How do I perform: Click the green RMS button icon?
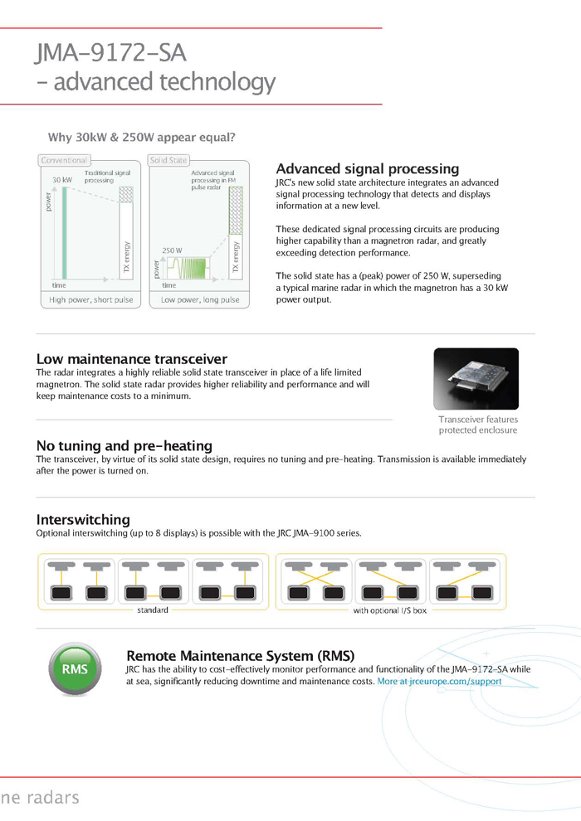pyautogui.click(x=75, y=669)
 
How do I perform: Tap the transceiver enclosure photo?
pyautogui.click(x=476, y=379)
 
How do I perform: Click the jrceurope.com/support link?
pyautogui.click(x=440, y=682)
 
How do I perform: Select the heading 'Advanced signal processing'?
pyautogui.click(x=367, y=169)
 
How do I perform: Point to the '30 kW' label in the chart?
pyautogui.click(x=62, y=180)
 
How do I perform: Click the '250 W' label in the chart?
pyautogui.click(x=172, y=250)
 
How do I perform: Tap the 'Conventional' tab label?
pyautogui.click(x=64, y=160)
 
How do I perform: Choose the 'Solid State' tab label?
pyautogui.click(x=168, y=160)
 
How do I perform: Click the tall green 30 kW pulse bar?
pyautogui.click(x=63, y=232)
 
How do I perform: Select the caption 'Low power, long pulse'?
pyautogui.click(x=200, y=299)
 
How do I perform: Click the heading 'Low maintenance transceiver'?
pyautogui.click(x=131, y=359)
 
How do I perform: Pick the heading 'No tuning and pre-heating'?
pyautogui.click(x=124, y=445)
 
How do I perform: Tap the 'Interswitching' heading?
pyautogui.click(x=83, y=519)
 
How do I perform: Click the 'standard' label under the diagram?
pyautogui.click(x=153, y=610)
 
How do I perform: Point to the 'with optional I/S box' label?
pyautogui.click(x=390, y=610)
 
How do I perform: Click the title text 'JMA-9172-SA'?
pyautogui.click(x=110, y=53)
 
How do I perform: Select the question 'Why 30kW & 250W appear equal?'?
pyautogui.click(x=141, y=138)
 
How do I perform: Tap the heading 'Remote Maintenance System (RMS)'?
pyautogui.click(x=240, y=655)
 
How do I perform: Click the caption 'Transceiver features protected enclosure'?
pyautogui.click(x=477, y=425)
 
